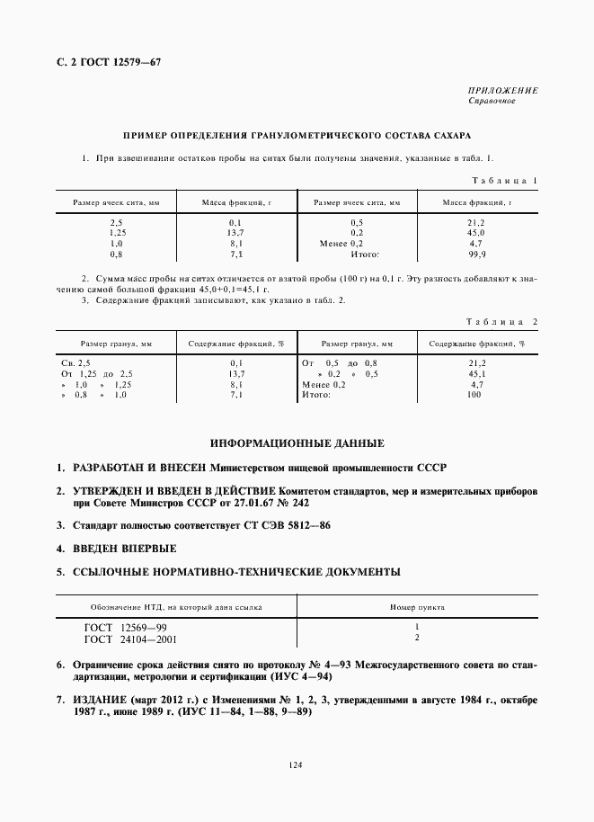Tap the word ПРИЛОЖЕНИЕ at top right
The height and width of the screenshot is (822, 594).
503,91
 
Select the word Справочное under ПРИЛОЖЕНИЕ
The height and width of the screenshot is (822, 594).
492,101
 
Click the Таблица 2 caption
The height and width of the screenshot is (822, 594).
502,321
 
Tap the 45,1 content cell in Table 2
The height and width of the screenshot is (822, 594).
476,372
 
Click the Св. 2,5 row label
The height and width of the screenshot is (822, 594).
75,362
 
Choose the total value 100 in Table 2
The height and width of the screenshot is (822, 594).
475,395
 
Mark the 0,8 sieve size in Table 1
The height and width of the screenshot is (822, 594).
116,255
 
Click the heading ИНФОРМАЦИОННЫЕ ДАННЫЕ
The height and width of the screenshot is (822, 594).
297,444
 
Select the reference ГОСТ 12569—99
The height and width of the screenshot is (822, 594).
125,627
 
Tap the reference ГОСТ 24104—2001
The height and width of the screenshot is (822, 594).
130,639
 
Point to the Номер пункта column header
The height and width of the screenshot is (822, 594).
417,607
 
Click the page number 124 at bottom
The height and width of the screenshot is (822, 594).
297,764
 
